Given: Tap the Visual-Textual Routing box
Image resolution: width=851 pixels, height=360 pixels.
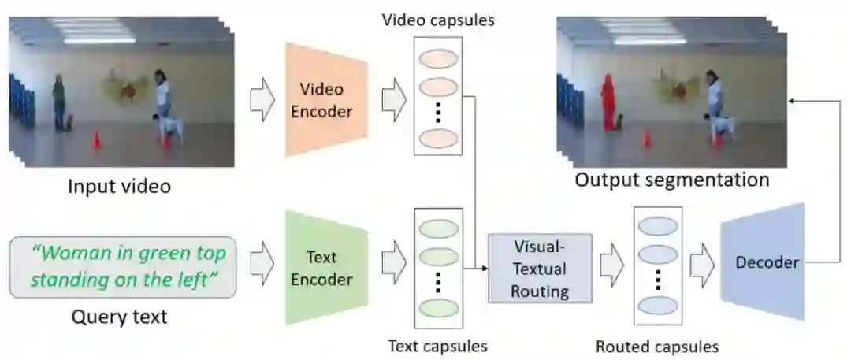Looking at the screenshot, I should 540,269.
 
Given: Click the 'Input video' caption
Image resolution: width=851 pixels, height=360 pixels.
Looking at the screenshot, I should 119,187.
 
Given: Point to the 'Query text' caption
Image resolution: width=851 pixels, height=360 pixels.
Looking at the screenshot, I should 120,317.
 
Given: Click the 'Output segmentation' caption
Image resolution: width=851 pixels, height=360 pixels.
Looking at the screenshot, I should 671,180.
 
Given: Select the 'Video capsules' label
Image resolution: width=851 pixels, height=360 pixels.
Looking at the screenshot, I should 438,20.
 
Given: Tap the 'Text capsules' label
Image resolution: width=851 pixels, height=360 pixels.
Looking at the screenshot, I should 437,345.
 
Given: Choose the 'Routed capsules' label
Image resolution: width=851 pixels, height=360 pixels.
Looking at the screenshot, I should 656,346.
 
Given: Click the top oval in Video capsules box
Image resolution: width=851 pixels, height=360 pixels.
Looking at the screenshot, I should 438,60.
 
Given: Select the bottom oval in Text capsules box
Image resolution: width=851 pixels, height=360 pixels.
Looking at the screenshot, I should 438,307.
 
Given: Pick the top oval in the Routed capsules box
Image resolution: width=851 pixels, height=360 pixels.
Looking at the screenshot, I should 656,225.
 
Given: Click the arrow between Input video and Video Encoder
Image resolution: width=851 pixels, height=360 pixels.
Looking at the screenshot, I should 262,101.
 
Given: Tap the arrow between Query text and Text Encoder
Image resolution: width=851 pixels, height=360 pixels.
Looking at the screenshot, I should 262,269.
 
